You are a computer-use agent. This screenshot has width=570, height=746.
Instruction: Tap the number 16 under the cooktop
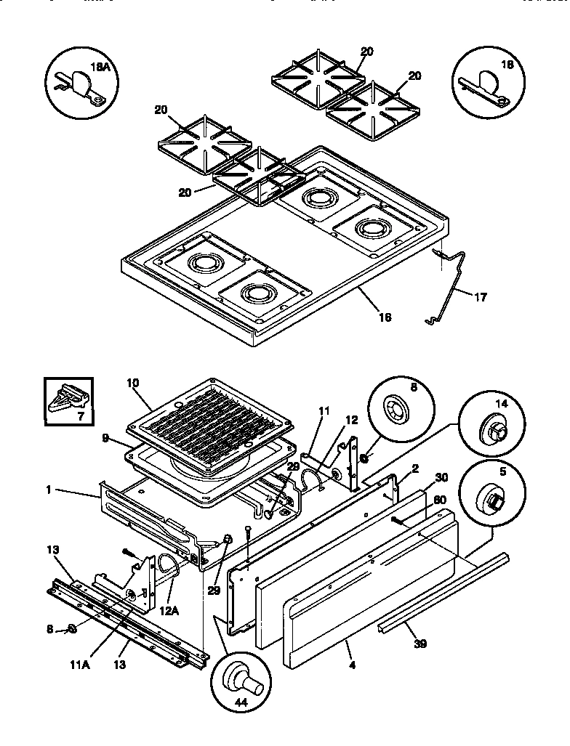pos(385,317)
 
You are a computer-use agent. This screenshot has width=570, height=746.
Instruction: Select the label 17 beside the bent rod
pos(481,296)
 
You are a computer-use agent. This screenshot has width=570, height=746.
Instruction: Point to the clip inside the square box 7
pos(68,400)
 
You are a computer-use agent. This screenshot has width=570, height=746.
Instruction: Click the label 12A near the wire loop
pos(169,611)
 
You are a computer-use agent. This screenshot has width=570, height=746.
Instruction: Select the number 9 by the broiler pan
pos(105,438)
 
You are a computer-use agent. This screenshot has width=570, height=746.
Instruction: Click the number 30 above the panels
pos(440,477)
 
